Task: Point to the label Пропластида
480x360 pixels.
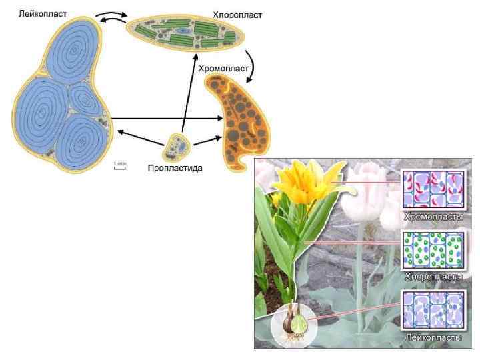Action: (175, 168)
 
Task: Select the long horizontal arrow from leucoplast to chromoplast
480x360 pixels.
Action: (167, 119)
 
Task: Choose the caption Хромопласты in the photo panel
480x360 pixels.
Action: (433, 217)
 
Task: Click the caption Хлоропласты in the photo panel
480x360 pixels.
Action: (433, 276)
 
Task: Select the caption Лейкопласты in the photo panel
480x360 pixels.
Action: (433, 338)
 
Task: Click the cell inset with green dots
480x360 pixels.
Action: (433, 251)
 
